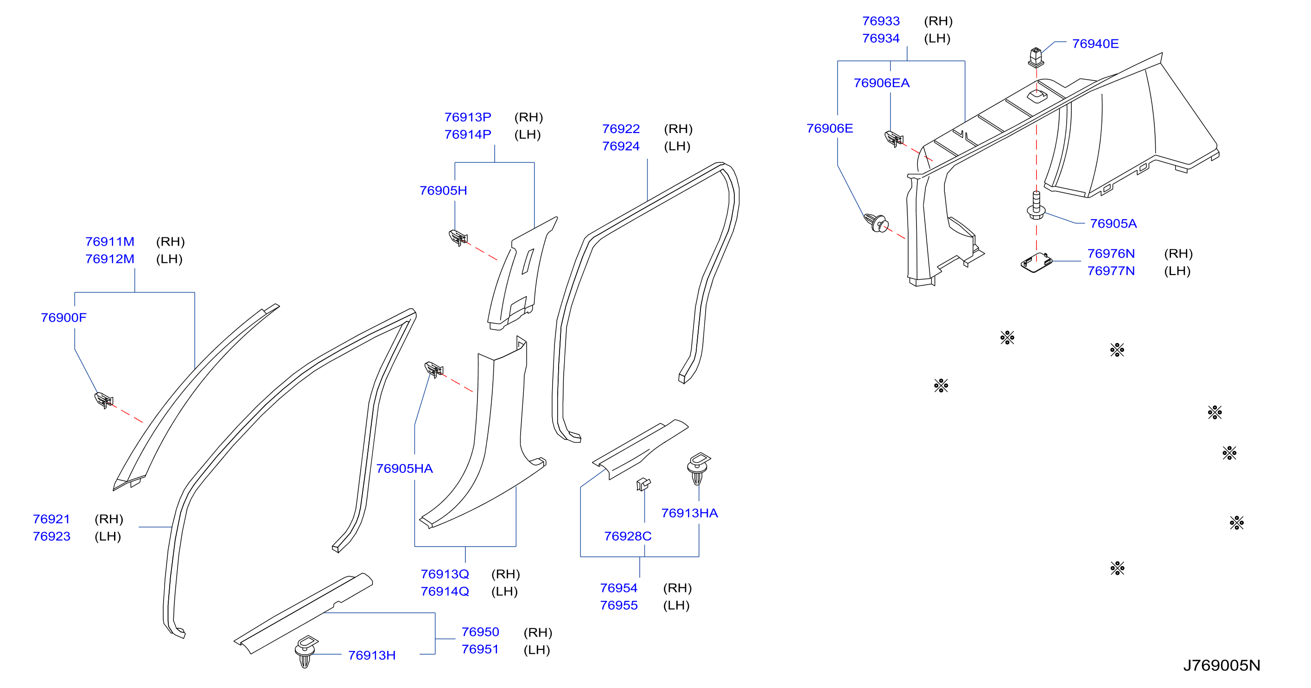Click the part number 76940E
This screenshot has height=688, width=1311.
[x=1095, y=44]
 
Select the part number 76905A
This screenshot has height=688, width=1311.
[x=1113, y=223]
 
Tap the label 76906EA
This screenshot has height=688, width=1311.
[x=881, y=83]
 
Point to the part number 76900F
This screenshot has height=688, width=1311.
[x=64, y=318]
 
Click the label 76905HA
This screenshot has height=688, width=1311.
[x=405, y=469]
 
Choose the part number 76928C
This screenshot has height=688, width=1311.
[x=628, y=536]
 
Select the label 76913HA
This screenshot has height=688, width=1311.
[x=690, y=513]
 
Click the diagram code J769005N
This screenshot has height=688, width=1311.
[x=1222, y=666]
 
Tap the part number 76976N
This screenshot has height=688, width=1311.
[x=1111, y=254]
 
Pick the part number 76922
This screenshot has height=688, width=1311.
[x=621, y=129]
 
